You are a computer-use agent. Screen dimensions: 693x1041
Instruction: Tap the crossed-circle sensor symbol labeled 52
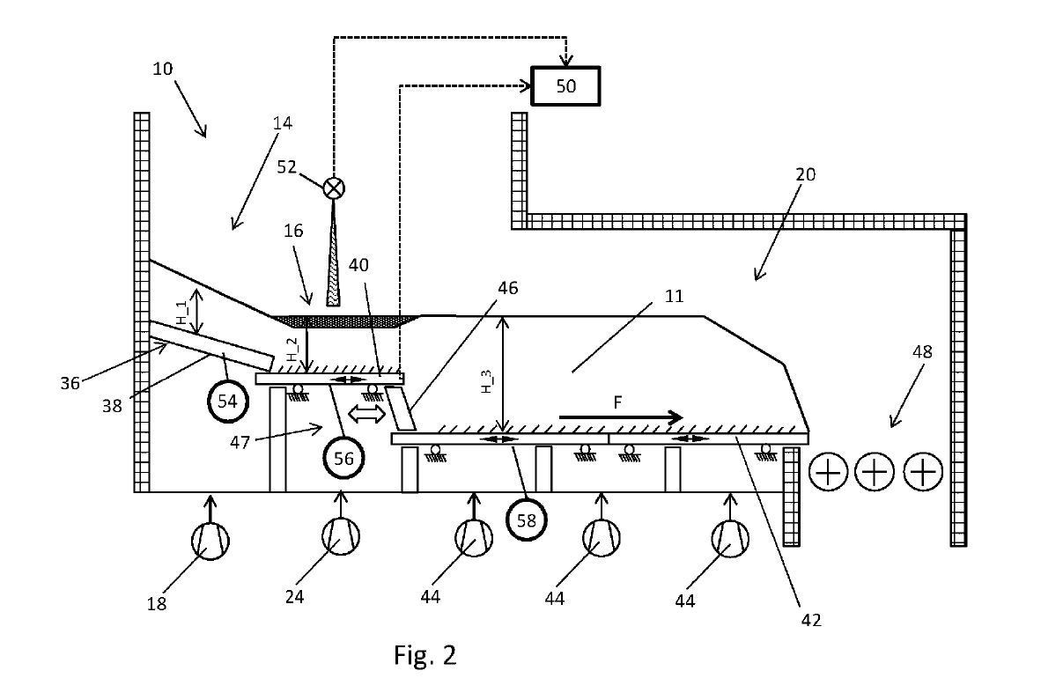tap(334, 188)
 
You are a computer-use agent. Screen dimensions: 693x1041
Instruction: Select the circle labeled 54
tap(227, 402)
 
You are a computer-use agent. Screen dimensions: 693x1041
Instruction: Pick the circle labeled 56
tap(343, 458)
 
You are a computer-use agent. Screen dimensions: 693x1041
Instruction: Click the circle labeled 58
tap(526, 520)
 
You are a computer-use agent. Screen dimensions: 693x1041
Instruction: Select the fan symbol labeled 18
tap(210, 539)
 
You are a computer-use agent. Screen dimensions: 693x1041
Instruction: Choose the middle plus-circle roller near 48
tap(875, 473)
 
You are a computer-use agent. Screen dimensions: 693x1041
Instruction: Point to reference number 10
tap(163, 68)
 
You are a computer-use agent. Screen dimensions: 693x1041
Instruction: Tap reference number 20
tap(805, 174)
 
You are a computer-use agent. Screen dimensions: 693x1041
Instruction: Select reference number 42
tap(811, 619)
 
